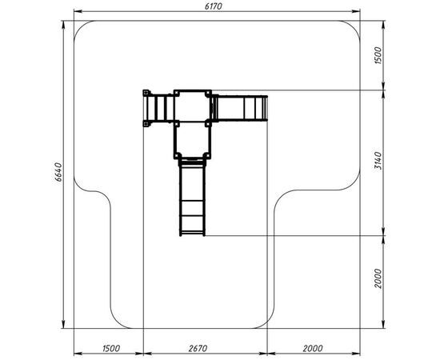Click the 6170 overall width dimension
(214, 6)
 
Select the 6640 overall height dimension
(58, 172)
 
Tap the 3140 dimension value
(378, 161)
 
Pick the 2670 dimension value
(198, 349)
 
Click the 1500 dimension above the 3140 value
(378, 55)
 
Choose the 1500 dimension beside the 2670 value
(111, 349)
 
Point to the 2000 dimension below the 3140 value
(378, 278)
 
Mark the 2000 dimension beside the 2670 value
(313, 349)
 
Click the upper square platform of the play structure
(193, 106)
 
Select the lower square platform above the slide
(193, 139)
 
